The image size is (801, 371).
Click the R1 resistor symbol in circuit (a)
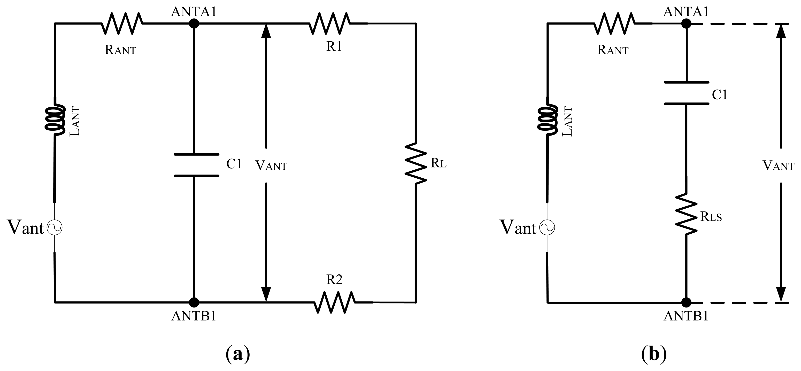click(x=330, y=23)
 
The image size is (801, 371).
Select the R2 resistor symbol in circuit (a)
click(x=335, y=302)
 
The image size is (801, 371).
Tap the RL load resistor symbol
click(x=415, y=163)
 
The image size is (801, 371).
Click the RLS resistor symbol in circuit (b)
click(x=686, y=214)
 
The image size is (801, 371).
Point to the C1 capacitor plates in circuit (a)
click(x=196, y=165)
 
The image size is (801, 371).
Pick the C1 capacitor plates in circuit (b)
click(x=686, y=93)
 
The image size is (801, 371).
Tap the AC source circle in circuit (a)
click(x=55, y=228)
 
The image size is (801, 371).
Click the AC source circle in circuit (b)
click(x=547, y=228)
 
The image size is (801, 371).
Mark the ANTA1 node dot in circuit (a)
click(x=194, y=23)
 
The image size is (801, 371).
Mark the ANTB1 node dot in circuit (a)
click(x=194, y=302)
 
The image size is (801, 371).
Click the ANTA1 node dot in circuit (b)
click(x=686, y=23)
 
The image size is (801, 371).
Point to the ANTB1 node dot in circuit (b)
click(x=686, y=302)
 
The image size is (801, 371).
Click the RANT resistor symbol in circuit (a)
click(x=122, y=23)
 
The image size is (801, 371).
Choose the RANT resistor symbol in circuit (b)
click(x=614, y=23)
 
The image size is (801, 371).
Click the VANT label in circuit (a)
click(x=271, y=165)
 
